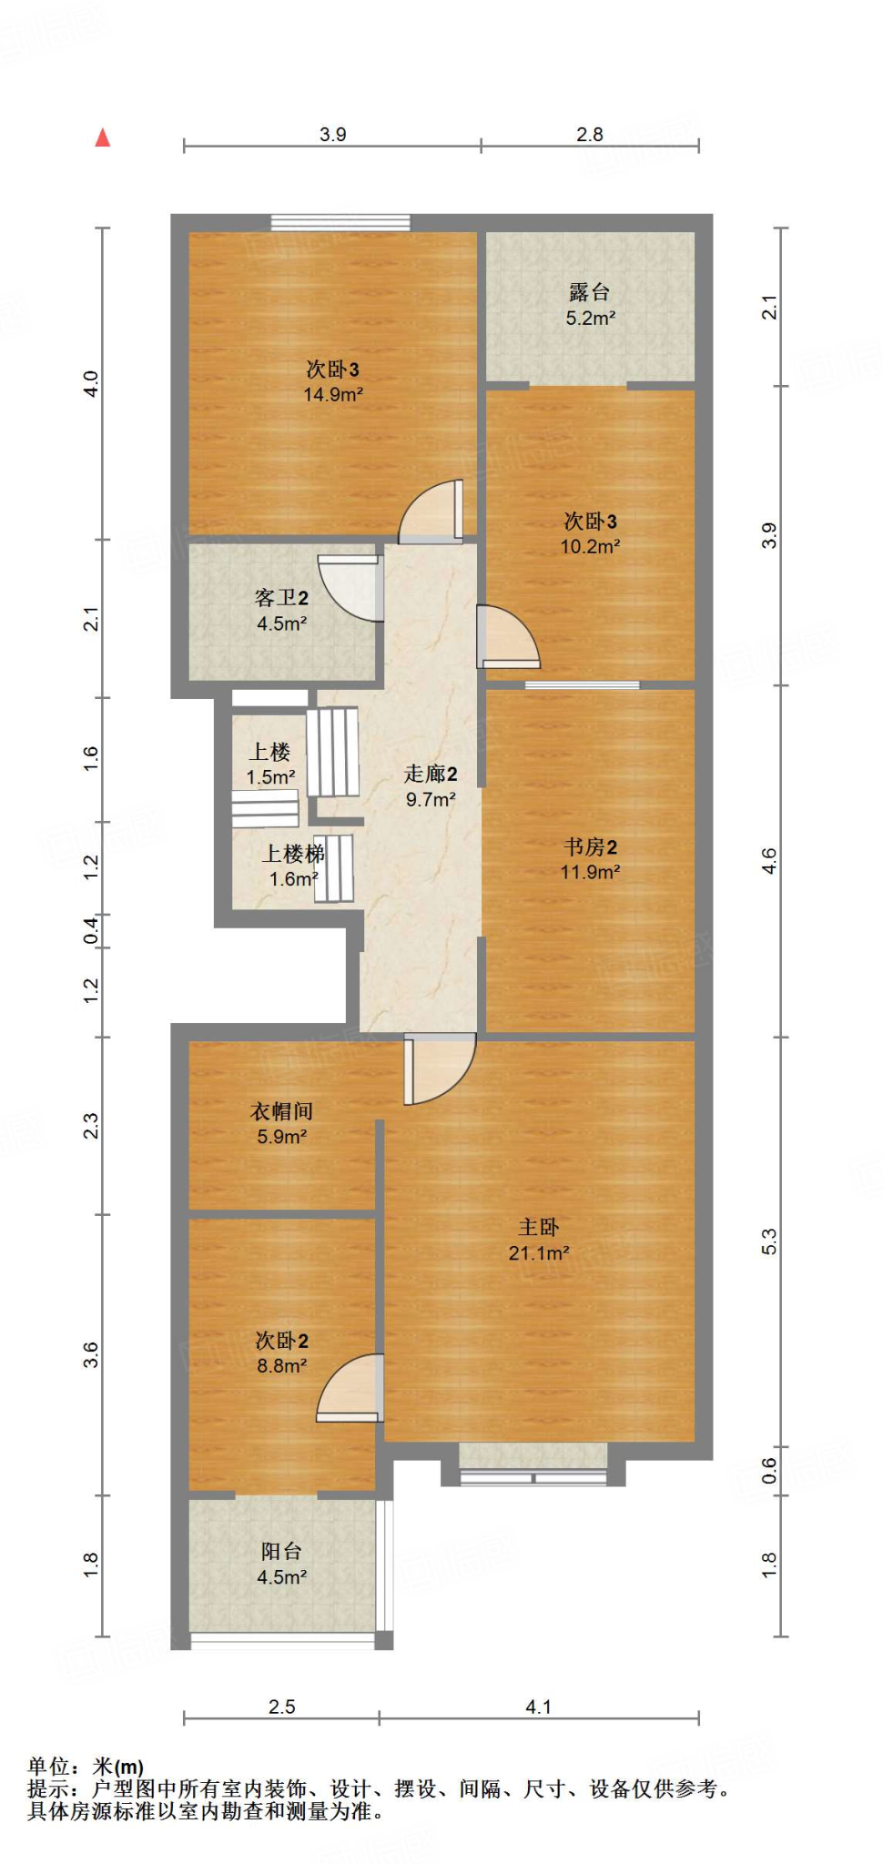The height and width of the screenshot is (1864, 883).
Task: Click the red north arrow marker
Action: [x=103, y=137]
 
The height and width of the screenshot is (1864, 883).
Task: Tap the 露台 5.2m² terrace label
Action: [x=590, y=305]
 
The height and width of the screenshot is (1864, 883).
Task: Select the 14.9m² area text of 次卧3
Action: [x=333, y=394]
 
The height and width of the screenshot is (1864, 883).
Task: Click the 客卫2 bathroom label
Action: [x=281, y=598]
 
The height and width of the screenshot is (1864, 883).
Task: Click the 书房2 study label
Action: [x=590, y=847]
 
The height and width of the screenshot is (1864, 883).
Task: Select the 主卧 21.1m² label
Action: [x=539, y=1240]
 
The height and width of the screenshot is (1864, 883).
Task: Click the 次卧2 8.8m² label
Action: [x=281, y=1352]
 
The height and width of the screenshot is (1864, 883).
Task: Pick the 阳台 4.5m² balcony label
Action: [x=281, y=1564]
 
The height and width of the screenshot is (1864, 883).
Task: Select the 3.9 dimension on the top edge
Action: [x=332, y=134]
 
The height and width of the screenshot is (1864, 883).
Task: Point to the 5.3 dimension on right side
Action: [x=769, y=1241]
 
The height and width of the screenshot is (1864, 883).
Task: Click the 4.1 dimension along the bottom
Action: [x=538, y=1707]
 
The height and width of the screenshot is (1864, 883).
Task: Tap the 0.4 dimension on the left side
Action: [x=91, y=930]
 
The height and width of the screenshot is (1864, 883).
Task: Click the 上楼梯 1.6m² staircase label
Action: [x=293, y=866]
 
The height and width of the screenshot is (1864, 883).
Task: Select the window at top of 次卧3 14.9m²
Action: [x=340, y=221]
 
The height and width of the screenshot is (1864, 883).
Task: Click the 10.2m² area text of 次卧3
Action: [x=590, y=546]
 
